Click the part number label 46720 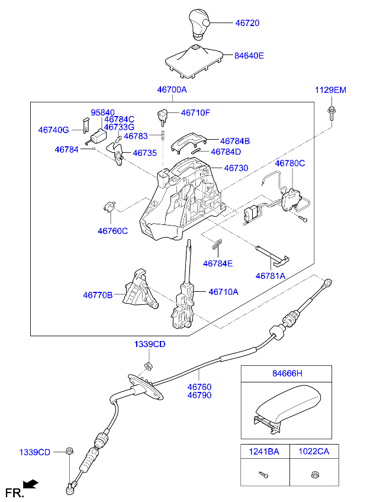247,23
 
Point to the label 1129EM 330,90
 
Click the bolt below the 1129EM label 330,112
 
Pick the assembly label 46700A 172,90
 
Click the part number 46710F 195,112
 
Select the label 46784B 235,141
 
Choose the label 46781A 271,276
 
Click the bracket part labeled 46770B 140,292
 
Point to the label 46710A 223,292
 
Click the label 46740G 53,130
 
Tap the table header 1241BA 265,451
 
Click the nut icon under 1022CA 314,474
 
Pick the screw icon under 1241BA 264,474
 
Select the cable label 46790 199,395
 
